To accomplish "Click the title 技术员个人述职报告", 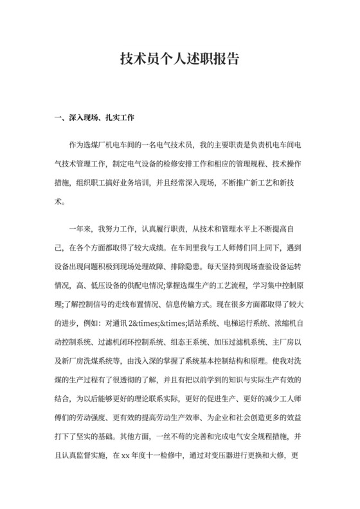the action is [180, 59].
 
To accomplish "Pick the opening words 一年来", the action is [79, 228].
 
